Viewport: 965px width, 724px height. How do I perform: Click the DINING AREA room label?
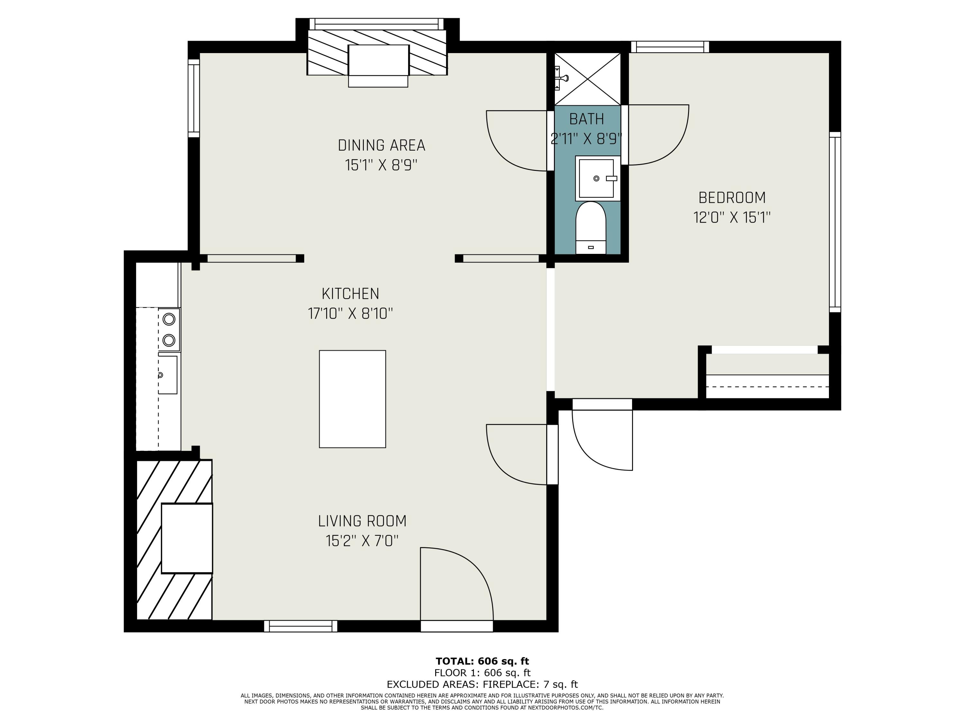381,145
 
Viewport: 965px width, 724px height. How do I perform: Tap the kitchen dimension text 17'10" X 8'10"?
350,313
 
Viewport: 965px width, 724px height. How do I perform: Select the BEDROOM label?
731,198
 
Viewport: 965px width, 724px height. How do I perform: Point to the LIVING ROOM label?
362,521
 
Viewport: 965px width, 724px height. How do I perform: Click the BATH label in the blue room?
586,119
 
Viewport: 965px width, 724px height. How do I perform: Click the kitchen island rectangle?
352,399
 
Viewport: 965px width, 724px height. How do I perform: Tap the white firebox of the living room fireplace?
187,538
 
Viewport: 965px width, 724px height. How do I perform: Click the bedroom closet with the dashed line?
767,381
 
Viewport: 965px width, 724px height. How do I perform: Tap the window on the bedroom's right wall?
834,222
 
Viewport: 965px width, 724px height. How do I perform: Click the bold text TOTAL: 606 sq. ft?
482,661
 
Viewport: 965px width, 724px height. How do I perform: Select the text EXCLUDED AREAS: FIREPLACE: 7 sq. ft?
482,684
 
